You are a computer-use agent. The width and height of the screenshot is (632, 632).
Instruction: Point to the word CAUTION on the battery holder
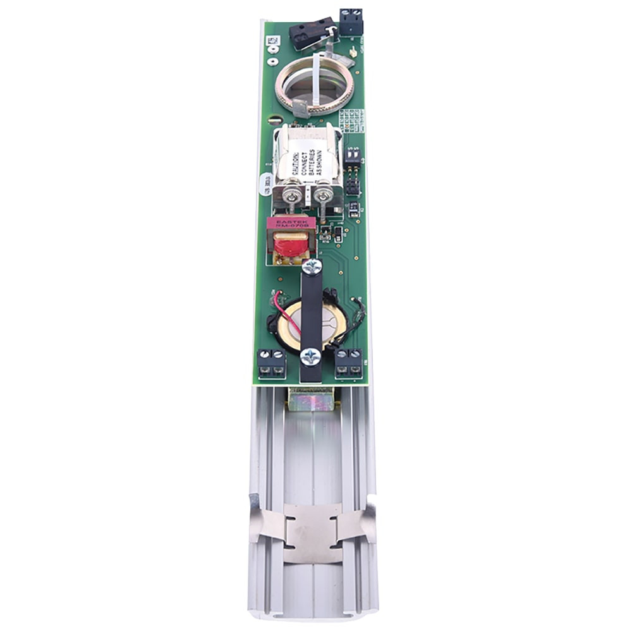tap(296, 157)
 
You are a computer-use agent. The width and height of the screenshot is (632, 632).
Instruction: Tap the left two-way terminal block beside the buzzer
tap(271, 363)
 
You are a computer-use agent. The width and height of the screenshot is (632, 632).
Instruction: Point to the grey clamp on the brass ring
tap(300, 109)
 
